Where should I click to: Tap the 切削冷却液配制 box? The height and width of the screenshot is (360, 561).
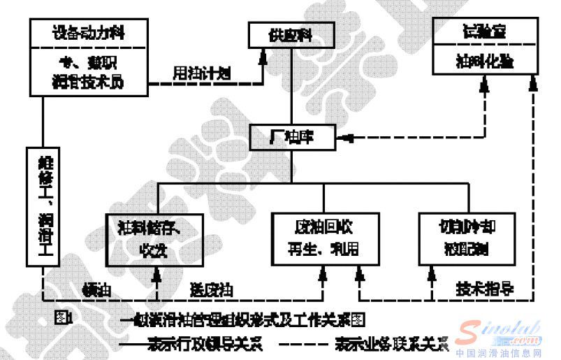(468, 238)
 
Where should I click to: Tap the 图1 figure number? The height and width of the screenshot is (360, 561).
(64, 318)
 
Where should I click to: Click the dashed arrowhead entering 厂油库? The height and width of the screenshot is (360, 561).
(342, 136)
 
